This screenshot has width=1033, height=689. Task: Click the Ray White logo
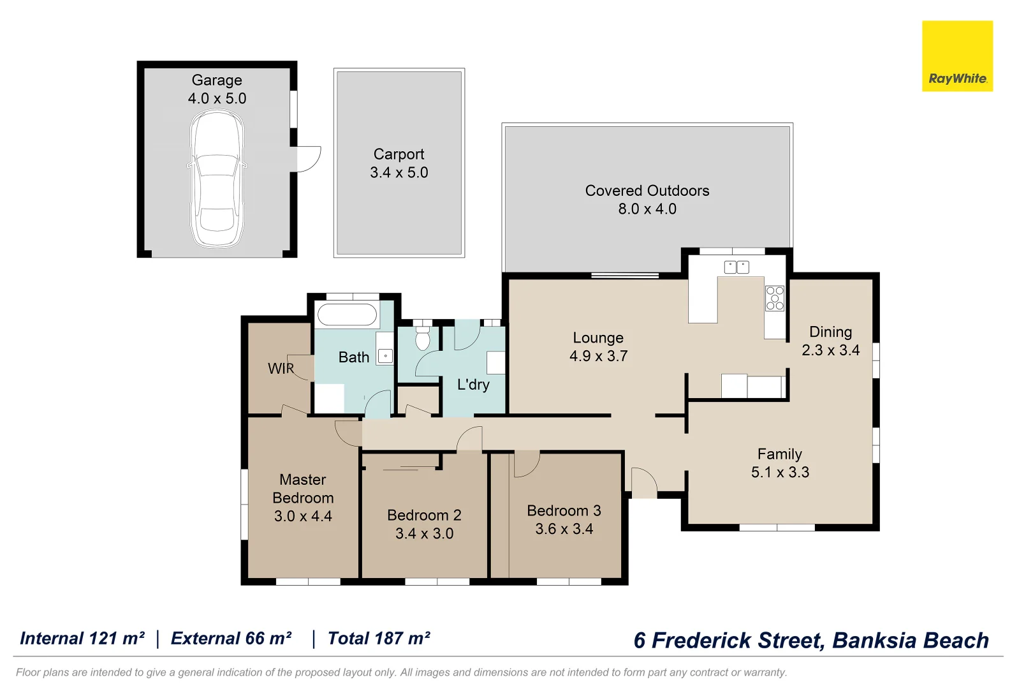pyautogui.click(x=957, y=56)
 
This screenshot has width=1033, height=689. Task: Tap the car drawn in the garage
pyautogui.click(x=217, y=179)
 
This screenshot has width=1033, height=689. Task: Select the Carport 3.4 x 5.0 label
pyautogui.click(x=399, y=163)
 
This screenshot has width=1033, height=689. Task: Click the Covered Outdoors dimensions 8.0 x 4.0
pyautogui.click(x=647, y=209)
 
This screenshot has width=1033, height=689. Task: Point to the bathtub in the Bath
pyautogui.click(x=348, y=315)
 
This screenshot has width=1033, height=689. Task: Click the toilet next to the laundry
pyautogui.click(x=422, y=339)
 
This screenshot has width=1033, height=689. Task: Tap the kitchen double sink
pyautogui.click(x=736, y=267)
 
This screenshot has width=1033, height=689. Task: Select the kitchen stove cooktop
pyautogui.click(x=775, y=299)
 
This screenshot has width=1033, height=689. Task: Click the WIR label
pyautogui.click(x=281, y=369)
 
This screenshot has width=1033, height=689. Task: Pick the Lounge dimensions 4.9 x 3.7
pyautogui.click(x=598, y=356)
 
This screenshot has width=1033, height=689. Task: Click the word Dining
pyautogui.click(x=830, y=332)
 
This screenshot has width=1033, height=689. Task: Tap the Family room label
pyautogui.click(x=779, y=454)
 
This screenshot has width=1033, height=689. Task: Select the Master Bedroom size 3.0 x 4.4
pyautogui.click(x=303, y=516)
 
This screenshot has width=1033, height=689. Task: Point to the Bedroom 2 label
pyautogui.click(x=424, y=515)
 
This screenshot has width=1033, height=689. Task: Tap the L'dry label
pyautogui.click(x=473, y=385)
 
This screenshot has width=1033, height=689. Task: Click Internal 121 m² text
pyautogui.click(x=82, y=639)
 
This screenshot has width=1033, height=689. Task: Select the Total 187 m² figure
pyautogui.click(x=379, y=639)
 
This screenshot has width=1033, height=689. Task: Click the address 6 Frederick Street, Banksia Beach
pyautogui.click(x=811, y=641)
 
